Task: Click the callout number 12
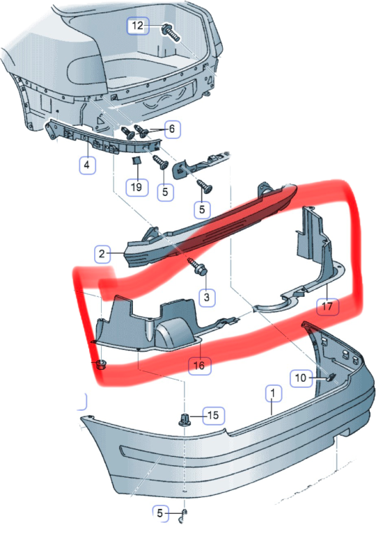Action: pyautogui.click(x=138, y=26)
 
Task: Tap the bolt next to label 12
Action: pyautogui.click(x=171, y=33)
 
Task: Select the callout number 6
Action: pyautogui.click(x=172, y=129)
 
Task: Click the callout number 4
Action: pyautogui.click(x=87, y=165)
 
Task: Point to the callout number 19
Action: pyautogui.click(x=136, y=186)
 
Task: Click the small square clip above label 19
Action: pyautogui.click(x=136, y=160)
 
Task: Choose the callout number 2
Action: pyautogui.click(x=102, y=254)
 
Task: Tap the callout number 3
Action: pyautogui.click(x=207, y=297)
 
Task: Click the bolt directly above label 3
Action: pyautogui.click(x=197, y=267)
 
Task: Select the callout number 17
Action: pyautogui.click(x=327, y=306)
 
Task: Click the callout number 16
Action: pyautogui.click(x=199, y=366)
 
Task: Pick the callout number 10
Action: pyautogui.click(x=301, y=378)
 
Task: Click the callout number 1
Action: pyautogui.click(x=274, y=394)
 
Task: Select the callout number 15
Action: pyautogui.click(x=213, y=415)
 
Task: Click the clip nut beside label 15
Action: pyautogui.click(x=185, y=419)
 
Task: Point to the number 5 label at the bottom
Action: pyautogui.click(x=160, y=513)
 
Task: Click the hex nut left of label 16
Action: pyautogui.click(x=100, y=365)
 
